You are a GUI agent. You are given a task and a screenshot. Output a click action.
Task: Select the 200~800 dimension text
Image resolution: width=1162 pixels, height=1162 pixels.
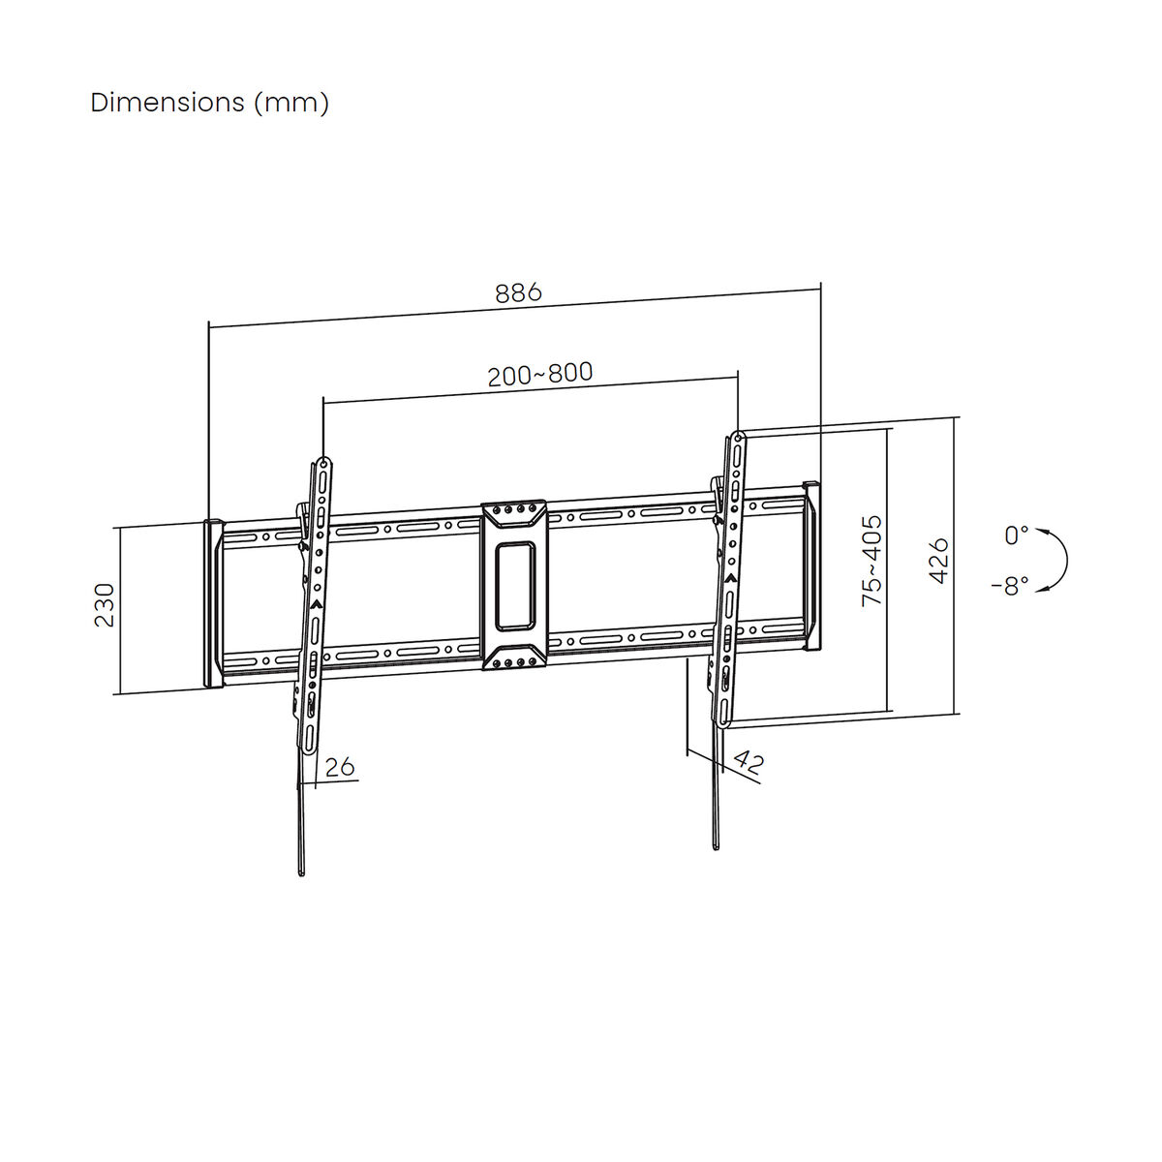click(x=539, y=374)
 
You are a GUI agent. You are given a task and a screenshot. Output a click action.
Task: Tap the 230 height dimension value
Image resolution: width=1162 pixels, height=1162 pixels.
click(x=105, y=605)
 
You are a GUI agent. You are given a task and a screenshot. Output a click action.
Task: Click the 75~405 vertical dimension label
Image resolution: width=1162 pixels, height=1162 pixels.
click(x=872, y=561)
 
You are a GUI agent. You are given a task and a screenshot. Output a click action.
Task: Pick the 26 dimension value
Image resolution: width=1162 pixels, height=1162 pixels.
click(x=339, y=767)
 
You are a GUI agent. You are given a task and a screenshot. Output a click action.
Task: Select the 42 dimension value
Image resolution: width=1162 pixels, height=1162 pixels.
click(x=748, y=761)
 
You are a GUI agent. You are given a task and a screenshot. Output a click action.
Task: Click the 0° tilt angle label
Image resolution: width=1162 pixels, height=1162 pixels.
click(x=1016, y=535)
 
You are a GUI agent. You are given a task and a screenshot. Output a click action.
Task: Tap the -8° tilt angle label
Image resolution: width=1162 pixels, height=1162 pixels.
click(x=1010, y=586)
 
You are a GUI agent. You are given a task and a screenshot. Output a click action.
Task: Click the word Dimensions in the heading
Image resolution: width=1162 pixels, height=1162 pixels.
click(x=168, y=103)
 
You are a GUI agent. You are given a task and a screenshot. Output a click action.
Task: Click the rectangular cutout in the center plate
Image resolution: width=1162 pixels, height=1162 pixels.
click(x=514, y=585)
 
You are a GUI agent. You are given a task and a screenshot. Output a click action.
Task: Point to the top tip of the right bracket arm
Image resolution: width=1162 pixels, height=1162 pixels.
click(x=739, y=437)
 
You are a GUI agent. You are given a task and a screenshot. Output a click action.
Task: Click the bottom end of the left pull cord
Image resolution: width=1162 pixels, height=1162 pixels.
click(x=302, y=873)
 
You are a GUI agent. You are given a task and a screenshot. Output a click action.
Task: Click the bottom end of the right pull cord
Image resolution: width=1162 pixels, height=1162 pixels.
click(x=717, y=848)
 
